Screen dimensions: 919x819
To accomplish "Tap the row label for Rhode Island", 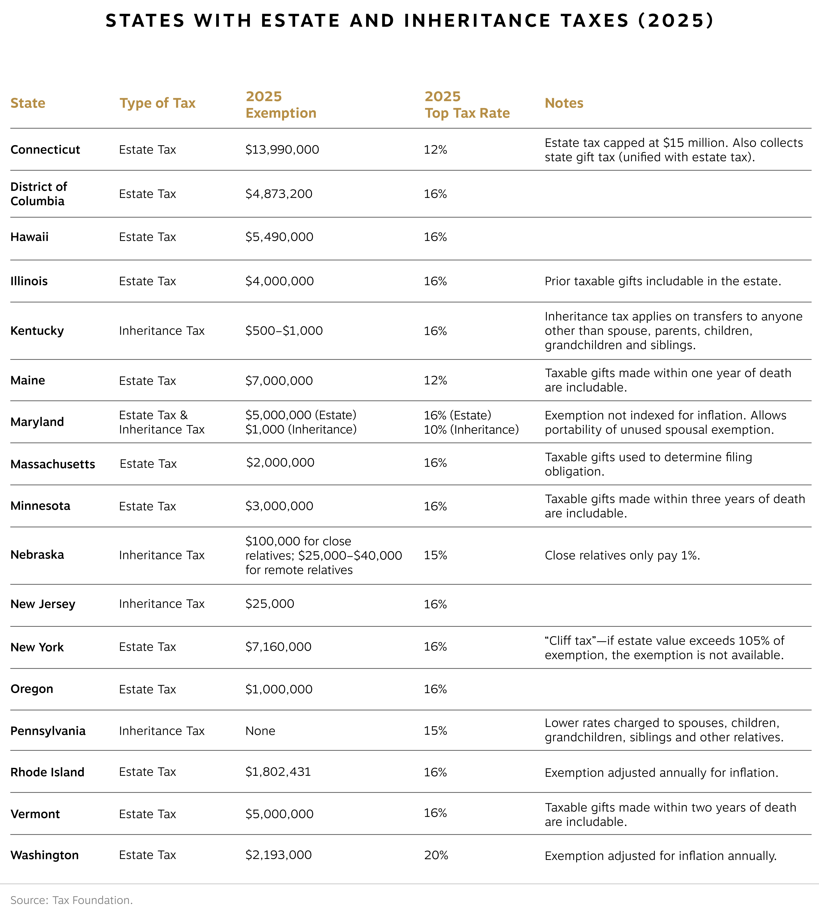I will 47,772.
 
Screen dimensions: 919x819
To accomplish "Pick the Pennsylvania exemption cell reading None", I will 260,731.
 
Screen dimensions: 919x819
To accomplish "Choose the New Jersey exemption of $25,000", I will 270,604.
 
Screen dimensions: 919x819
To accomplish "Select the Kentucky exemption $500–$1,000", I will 284,331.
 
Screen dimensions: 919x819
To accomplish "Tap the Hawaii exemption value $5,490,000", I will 279,237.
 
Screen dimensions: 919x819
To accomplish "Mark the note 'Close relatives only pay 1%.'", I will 622,555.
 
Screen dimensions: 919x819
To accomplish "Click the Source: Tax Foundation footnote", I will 72,900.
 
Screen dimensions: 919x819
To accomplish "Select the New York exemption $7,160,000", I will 278,647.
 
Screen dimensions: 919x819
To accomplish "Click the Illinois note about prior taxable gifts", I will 662,281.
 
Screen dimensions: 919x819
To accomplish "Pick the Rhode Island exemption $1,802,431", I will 278,772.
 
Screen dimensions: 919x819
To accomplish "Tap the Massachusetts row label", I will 53,464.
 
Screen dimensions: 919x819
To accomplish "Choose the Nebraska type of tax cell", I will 161,555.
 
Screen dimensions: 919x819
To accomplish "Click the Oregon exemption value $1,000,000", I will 279,689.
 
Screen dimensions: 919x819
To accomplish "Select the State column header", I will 28,103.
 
